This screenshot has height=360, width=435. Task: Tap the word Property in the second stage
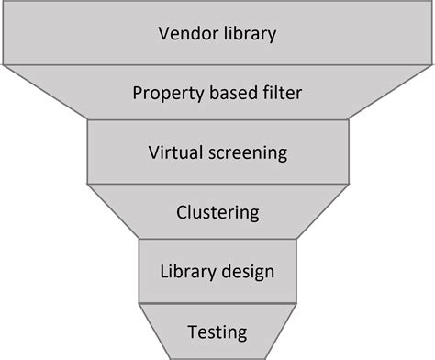[164, 94]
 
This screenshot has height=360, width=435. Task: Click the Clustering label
[217, 213]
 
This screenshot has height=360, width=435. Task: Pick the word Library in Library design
[188, 273]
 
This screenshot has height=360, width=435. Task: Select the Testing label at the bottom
[217, 332]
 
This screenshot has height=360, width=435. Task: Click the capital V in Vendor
[162, 35]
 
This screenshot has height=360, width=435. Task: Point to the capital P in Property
[138, 94]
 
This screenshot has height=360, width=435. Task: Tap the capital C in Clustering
[181, 213]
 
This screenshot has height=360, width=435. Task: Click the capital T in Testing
[192, 331]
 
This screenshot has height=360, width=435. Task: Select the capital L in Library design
[165, 272]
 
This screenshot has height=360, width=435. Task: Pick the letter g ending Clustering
[254, 216]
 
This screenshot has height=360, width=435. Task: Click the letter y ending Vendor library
[273, 38]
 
